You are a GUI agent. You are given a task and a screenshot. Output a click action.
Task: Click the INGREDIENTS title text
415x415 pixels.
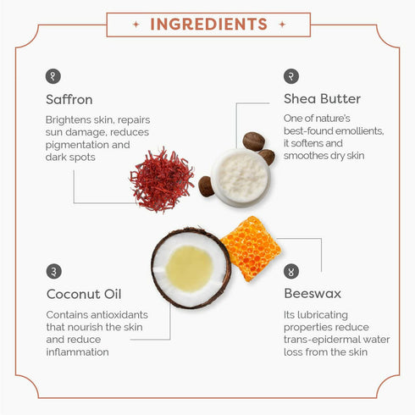[x=208, y=25]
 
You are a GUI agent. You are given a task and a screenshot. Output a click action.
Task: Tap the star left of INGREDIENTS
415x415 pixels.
[x=136, y=25]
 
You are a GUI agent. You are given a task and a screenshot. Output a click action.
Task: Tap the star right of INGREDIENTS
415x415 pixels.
[x=282, y=25]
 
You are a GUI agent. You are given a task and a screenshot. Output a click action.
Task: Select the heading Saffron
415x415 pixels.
[x=69, y=100]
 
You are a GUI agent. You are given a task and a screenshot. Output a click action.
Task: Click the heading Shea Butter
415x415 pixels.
[x=322, y=99]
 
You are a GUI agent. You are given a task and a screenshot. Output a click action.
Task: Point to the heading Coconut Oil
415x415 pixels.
[x=84, y=294]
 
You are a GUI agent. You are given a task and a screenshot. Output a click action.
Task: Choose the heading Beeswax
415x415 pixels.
[x=313, y=294]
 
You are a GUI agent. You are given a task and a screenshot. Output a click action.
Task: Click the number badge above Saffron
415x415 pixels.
[x=53, y=76]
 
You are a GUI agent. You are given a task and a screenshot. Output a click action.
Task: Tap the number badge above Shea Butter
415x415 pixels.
[x=291, y=76]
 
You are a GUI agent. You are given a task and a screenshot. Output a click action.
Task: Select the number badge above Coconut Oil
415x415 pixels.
[x=53, y=271]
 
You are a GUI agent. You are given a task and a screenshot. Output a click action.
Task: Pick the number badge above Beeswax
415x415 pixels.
[x=291, y=271]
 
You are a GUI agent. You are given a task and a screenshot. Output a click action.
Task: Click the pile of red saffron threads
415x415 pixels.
[x=162, y=180]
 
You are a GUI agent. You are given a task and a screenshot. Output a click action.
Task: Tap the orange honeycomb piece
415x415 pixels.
[x=251, y=248]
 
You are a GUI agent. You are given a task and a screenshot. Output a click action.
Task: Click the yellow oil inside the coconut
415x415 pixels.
[x=189, y=268]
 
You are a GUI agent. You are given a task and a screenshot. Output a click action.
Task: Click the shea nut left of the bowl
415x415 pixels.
[x=206, y=186]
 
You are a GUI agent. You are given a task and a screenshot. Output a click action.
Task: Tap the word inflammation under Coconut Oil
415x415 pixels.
[x=77, y=352]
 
